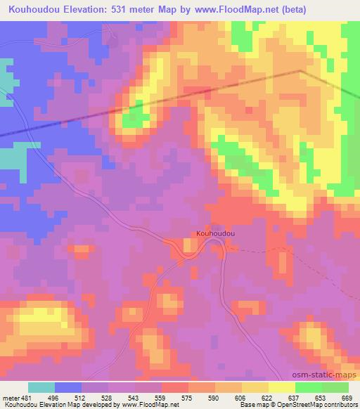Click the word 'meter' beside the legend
pyautogui.click(x=11, y=397)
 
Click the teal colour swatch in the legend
pyautogui.click(x=41, y=387)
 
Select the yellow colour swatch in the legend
pyautogui.click(x=281, y=387)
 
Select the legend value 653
pyautogui.click(x=321, y=397)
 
